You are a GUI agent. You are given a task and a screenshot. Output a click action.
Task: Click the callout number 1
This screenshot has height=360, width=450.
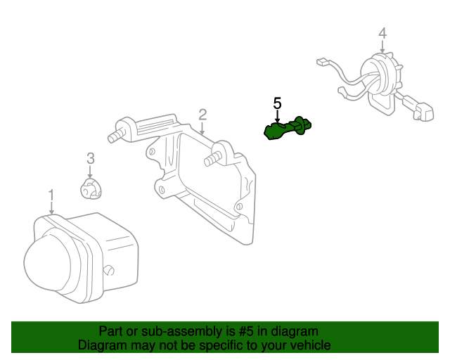(51, 195)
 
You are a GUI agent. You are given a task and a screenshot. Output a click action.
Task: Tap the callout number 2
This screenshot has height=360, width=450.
(202, 115)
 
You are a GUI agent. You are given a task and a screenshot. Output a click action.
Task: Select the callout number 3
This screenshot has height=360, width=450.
(91, 158)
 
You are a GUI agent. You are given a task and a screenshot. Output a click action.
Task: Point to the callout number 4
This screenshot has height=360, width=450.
(382, 33)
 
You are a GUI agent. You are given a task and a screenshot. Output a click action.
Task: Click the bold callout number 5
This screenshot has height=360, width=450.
(277, 103)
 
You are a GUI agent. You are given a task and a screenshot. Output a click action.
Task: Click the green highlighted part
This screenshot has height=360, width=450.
(288, 128)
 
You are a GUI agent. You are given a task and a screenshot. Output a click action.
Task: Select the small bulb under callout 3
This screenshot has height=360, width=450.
(91, 188)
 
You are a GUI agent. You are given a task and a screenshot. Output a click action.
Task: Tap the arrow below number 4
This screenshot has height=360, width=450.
(382, 46)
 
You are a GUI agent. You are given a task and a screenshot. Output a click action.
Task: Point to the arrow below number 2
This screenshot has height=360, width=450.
(202, 129)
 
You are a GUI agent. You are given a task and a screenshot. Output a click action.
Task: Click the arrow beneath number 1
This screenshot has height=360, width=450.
(51, 208)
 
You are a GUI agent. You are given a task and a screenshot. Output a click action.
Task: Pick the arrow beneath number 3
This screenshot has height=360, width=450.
(90, 172)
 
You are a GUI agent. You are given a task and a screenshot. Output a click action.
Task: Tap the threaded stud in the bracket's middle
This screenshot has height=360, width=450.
(213, 159)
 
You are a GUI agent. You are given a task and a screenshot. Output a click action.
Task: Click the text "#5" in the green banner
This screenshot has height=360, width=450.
(246, 332)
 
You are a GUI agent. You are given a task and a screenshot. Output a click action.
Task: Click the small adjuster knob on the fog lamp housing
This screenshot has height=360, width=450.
(108, 271)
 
